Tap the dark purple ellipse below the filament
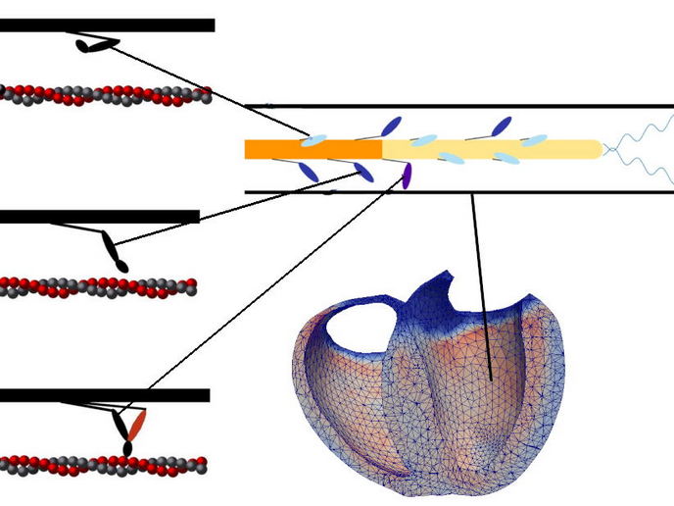tap(406, 177)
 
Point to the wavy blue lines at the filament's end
tap(642, 148)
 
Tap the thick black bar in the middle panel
tap(98, 217)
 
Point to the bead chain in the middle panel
tap(98, 287)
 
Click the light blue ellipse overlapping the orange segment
tap(313, 141)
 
